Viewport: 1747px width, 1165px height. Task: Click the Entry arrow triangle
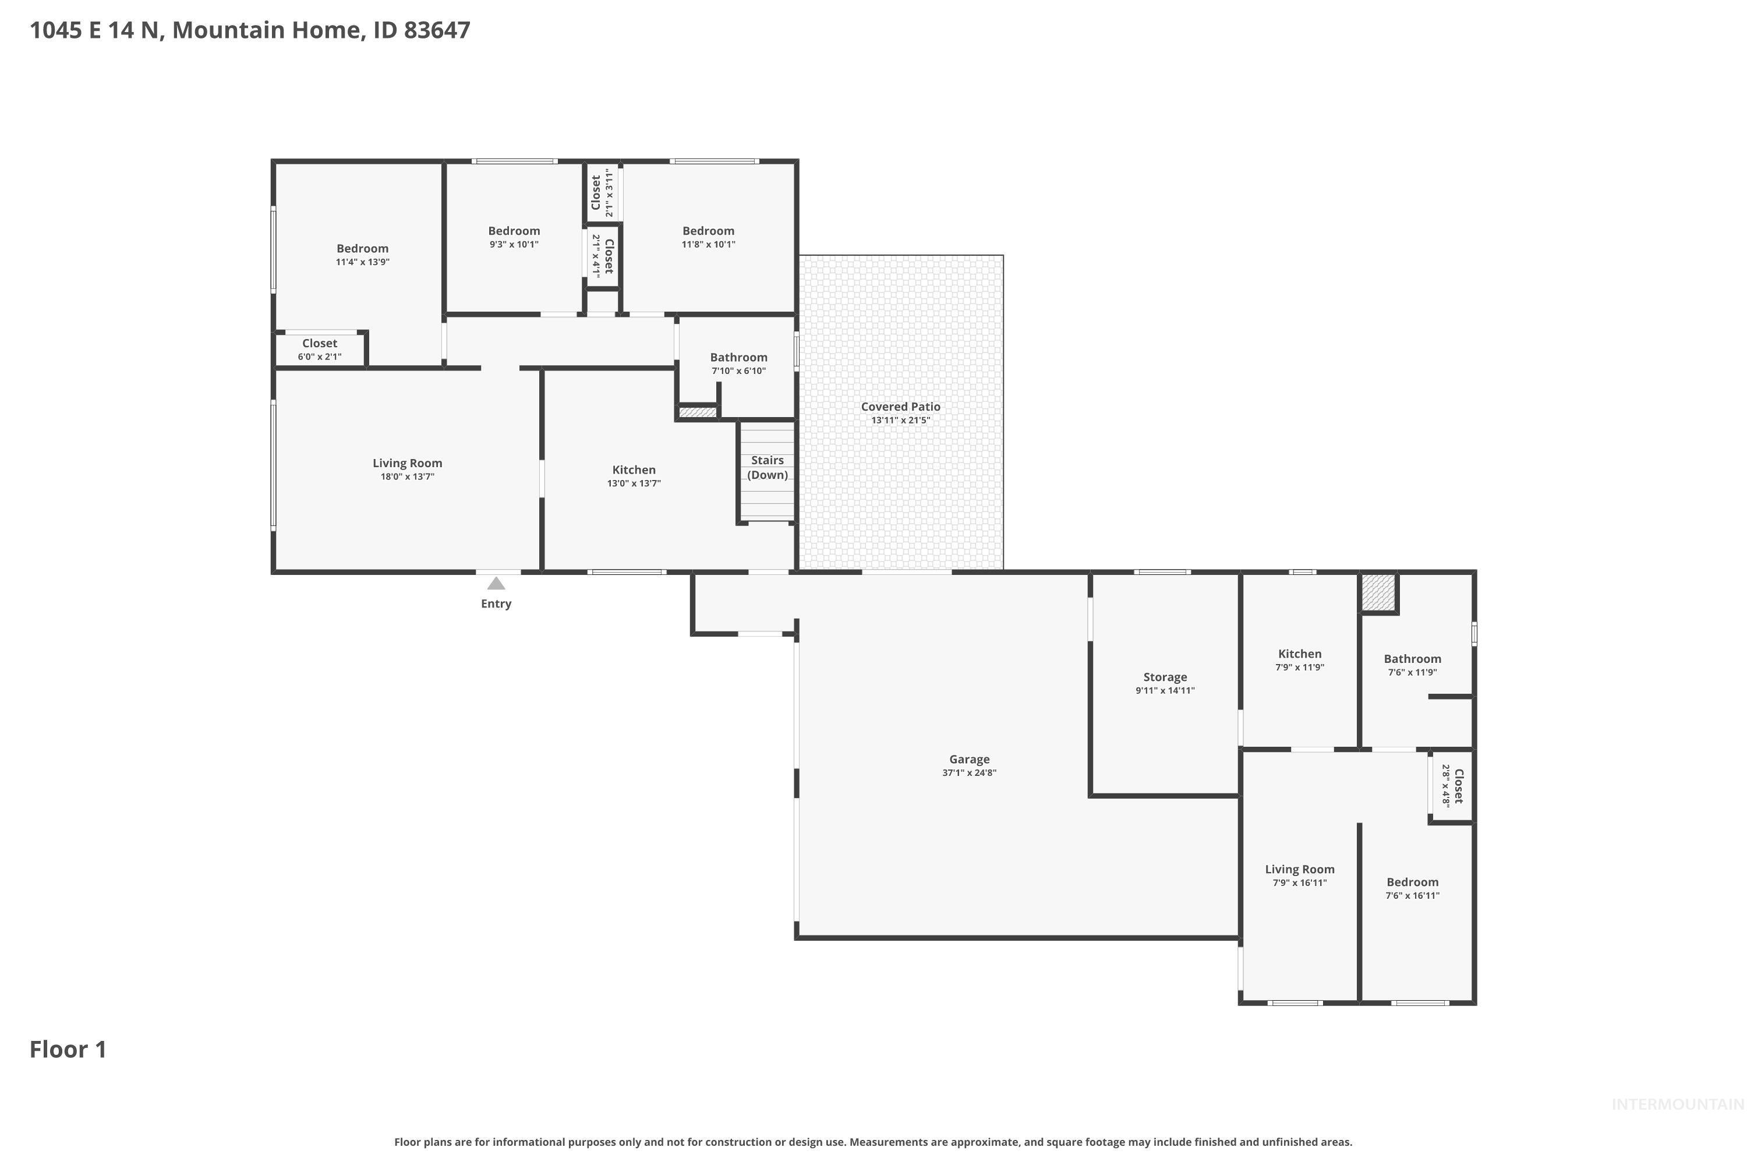click(496, 583)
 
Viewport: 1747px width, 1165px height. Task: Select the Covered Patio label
click(900, 407)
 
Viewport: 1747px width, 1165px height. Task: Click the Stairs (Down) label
click(768, 467)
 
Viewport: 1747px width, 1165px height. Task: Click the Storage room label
click(1165, 677)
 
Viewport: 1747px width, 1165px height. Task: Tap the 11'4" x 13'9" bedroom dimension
click(362, 262)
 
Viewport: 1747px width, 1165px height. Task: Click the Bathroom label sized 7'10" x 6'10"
click(738, 358)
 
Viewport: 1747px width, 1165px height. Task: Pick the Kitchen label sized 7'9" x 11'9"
click(1299, 654)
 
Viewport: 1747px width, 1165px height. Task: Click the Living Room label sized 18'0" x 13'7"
click(407, 463)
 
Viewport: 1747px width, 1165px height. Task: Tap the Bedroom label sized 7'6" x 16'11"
click(1412, 882)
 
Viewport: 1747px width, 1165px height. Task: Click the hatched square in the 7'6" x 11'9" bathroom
click(1378, 592)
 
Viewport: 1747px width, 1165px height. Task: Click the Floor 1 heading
click(68, 1049)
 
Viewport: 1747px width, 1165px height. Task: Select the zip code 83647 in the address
click(437, 30)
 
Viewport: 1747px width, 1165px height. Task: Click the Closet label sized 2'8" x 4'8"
click(1458, 785)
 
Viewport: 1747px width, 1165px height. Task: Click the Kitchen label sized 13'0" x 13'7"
click(634, 469)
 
